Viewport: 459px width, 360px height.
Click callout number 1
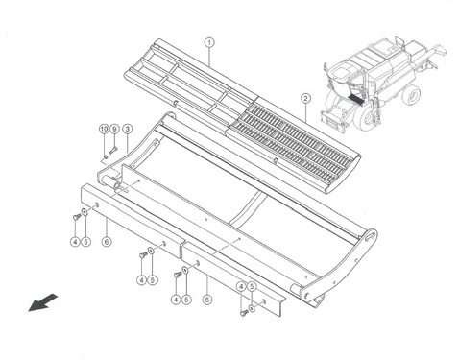209,42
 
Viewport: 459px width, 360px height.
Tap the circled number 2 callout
305,98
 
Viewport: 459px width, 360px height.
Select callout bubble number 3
128,129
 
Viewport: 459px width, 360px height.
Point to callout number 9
114,129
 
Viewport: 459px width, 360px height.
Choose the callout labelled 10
104,129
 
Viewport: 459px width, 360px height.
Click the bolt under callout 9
113,150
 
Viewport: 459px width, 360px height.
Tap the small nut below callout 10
105,156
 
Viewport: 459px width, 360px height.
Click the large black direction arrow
43,302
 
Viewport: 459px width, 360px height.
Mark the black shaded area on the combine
356,98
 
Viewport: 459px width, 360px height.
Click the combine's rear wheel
411,95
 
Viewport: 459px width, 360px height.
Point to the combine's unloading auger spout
439,50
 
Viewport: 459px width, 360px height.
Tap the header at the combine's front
333,119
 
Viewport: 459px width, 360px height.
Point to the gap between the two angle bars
181,249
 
